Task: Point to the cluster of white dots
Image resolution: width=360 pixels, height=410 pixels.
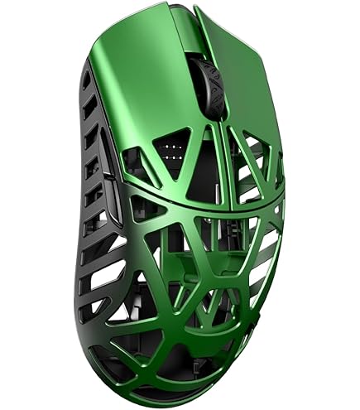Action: click(174, 151)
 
